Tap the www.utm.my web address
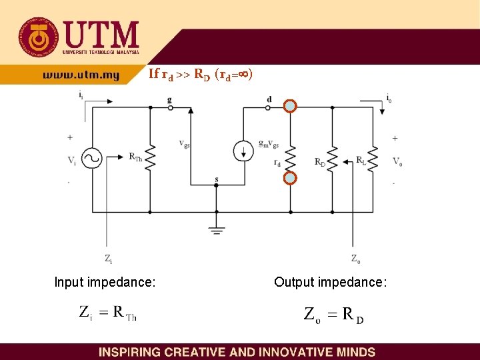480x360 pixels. (81, 75)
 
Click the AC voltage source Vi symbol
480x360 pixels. (92, 159)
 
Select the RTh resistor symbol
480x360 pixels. (150, 159)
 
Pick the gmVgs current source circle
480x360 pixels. (244, 151)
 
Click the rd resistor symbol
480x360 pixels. (290, 153)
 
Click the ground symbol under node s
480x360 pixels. (216, 229)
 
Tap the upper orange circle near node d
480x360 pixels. (290, 106)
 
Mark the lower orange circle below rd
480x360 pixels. (290, 179)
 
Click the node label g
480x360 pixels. (169, 99)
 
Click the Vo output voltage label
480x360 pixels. (397, 161)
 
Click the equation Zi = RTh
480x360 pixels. (107, 313)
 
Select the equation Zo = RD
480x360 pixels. (334, 315)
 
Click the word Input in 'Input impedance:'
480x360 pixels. (68, 283)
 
